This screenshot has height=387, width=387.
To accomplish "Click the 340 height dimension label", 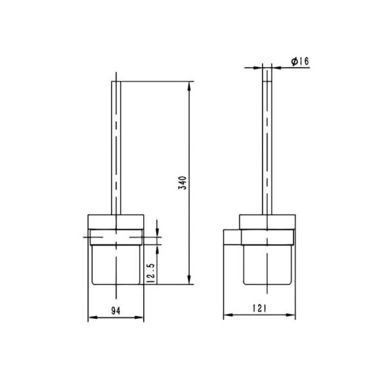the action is [183, 183].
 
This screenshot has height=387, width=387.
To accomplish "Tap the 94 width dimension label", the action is [116, 311].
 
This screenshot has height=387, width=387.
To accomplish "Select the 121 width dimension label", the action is [259, 308].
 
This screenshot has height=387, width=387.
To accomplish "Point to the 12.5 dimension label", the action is [151, 273].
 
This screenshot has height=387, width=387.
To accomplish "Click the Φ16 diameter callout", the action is [300, 61].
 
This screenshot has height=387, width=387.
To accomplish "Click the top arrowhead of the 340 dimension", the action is [189, 86].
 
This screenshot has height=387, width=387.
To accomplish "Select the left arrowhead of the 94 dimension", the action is [93, 317].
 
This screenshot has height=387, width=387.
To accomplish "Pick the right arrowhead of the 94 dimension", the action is [139, 317].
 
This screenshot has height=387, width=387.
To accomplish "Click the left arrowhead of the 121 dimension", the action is [228, 315].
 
